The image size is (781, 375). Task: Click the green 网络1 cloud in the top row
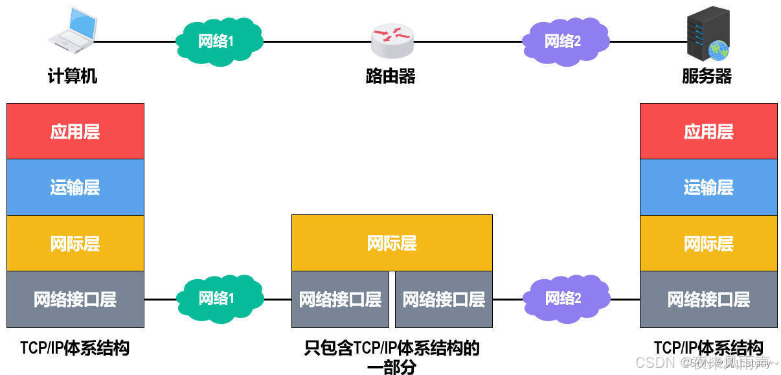click(x=219, y=41)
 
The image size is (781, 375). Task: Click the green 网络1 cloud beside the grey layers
click(x=219, y=299)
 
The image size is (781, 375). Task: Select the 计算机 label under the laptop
click(x=73, y=76)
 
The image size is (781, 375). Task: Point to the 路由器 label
click(x=390, y=76)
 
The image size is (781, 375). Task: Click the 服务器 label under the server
click(x=707, y=76)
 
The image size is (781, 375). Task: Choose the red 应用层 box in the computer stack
click(x=75, y=131)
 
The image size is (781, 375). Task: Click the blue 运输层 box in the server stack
click(x=708, y=187)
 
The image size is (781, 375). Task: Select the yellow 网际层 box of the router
click(x=392, y=243)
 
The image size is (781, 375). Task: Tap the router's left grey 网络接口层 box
click(x=340, y=299)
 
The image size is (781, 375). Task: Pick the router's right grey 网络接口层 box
click(x=444, y=299)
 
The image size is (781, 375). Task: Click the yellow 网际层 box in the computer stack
click(x=75, y=244)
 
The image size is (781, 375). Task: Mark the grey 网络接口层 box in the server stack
click(x=708, y=299)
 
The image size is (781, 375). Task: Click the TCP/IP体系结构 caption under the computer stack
click(x=74, y=348)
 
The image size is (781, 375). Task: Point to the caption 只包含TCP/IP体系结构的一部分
click(x=392, y=357)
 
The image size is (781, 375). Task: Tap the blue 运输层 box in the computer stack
click(x=75, y=187)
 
